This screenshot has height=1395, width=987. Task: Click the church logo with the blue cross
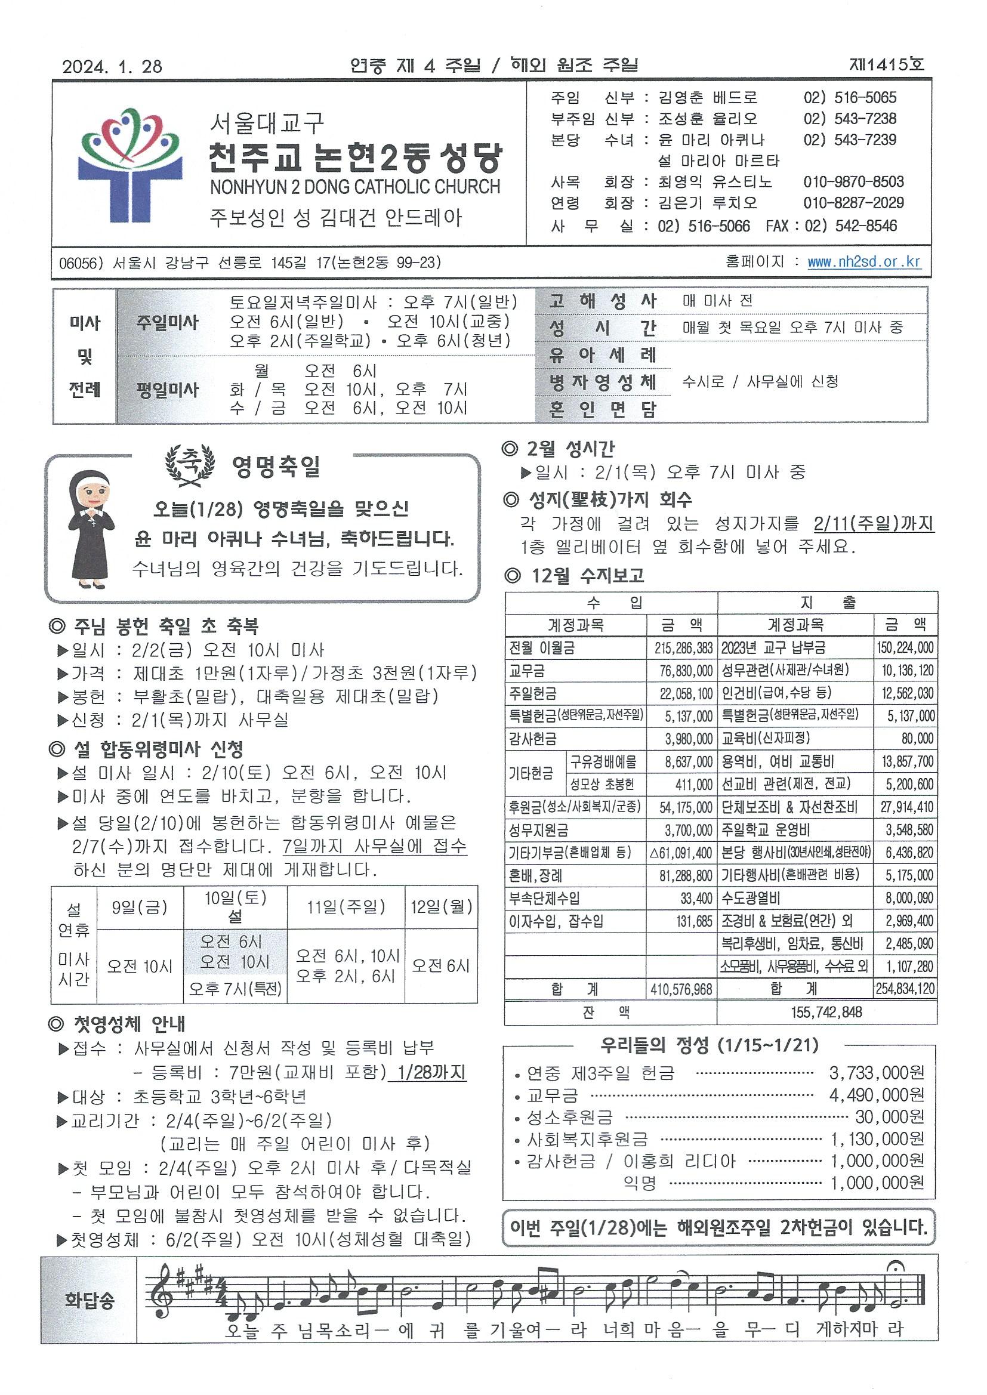130,165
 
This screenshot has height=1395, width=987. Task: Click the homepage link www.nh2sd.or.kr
863,262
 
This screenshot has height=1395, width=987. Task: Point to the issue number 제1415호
886,65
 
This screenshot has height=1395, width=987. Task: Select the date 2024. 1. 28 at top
112,66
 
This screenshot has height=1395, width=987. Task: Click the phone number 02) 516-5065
850,98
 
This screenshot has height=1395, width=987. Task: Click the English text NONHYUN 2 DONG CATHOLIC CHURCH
355,187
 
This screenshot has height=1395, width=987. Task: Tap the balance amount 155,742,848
826,1012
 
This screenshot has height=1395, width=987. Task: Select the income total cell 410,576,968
681,989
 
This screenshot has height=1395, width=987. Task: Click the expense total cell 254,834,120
905,989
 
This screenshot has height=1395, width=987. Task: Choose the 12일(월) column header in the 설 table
441,907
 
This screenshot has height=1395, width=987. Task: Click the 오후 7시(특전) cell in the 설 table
235,989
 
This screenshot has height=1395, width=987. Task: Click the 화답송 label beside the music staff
90,1301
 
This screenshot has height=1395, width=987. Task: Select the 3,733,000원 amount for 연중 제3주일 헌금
877,1073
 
